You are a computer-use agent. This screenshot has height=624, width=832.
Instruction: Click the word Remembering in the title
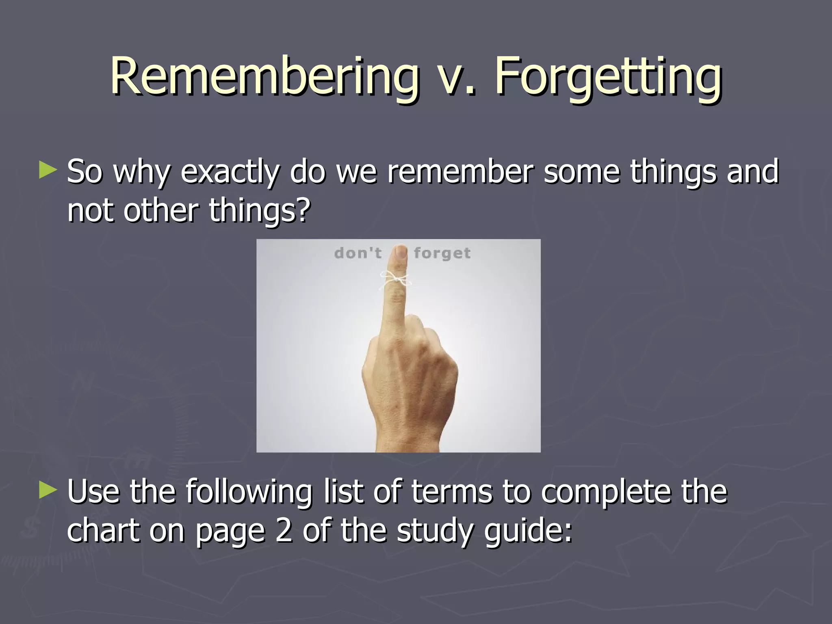(264, 76)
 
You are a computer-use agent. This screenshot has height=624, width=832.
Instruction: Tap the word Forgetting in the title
(607, 76)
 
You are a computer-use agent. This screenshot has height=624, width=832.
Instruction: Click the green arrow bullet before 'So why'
(48, 171)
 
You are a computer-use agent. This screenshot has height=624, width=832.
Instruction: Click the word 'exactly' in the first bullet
(230, 172)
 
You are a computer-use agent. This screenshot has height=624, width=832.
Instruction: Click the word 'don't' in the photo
(358, 253)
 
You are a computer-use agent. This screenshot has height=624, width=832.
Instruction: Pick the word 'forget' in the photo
(442, 253)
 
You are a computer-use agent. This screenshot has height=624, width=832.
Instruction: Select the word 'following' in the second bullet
(249, 492)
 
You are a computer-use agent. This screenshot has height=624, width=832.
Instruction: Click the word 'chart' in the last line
(103, 531)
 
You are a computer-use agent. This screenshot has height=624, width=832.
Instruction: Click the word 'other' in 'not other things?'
(161, 210)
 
